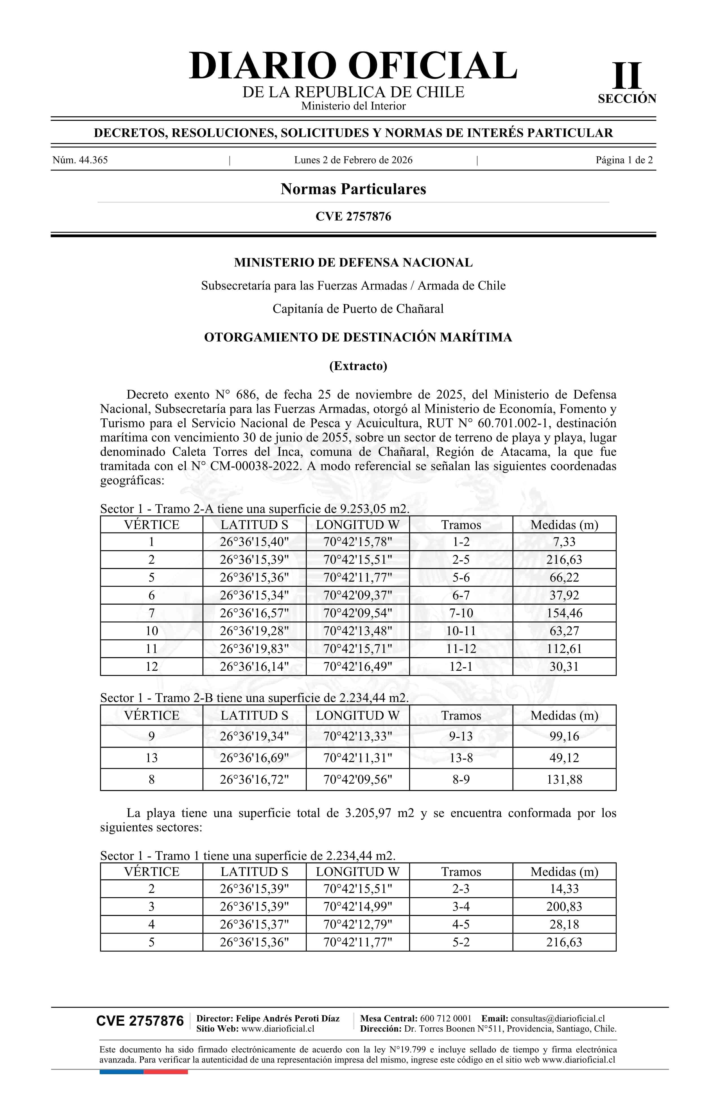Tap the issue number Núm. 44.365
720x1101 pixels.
[80, 160]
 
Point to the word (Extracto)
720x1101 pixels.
[358, 366]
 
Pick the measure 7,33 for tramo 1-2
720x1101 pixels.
[564, 542]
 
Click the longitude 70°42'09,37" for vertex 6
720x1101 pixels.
[358, 595]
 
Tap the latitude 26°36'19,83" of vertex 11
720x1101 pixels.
[254, 648]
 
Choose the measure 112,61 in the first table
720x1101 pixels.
[564, 648]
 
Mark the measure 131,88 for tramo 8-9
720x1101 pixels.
[564, 779]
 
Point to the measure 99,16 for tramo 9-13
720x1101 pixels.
[564, 736]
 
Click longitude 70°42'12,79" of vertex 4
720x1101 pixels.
[358, 924]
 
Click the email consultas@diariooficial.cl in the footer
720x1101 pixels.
[558, 1018]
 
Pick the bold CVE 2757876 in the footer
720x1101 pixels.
[140, 1021]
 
